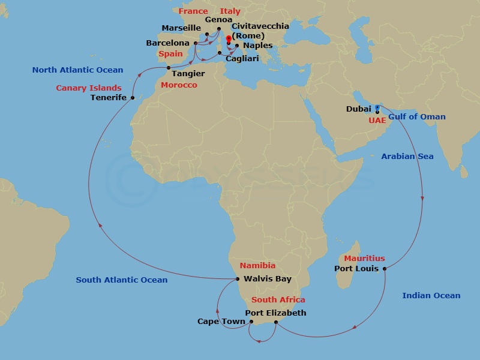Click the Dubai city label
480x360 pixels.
point(359,109)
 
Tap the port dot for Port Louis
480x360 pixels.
point(384,268)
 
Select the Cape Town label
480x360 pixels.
point(221,322)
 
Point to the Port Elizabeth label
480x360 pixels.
point(276,313)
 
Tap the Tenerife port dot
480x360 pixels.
point(132,97)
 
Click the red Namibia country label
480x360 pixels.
point(257,265)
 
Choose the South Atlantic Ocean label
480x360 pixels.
point(122,280)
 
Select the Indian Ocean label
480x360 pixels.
point(431,295)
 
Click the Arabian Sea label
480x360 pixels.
point(407,157)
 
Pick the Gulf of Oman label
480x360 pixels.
point(417,116)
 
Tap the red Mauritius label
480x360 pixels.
point(365,259)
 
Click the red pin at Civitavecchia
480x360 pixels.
point(229,40)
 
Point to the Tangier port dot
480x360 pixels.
point(169,67)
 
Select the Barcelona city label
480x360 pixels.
point(168,43)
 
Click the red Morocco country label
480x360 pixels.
point(179,85)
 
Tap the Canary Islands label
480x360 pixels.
point(89,88)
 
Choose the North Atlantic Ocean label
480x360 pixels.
point(77,70)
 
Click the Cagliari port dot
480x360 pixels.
point(220,53)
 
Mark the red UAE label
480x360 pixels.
point(377,120)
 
